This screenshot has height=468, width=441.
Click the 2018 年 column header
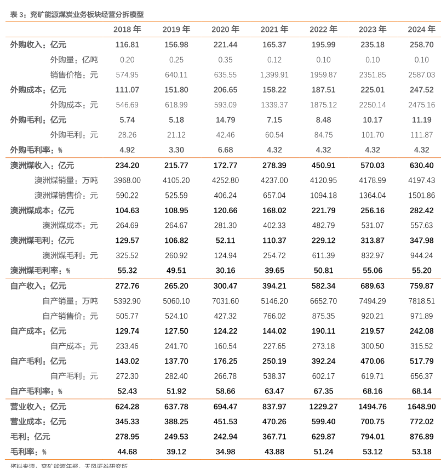point(127,29)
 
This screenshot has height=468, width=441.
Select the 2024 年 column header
point(421,29)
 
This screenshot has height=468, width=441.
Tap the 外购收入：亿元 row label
point(38,44)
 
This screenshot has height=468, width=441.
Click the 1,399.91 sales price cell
point(274,75)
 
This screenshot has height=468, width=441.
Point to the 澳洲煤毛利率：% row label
point(40,270)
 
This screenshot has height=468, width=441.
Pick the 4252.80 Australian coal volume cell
point(225,180)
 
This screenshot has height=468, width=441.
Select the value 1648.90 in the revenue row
point(421,407)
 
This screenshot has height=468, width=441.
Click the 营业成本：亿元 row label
point(38,421)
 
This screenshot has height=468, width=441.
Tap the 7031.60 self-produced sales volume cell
point(225,301)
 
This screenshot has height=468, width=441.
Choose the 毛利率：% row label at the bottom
point(28,452)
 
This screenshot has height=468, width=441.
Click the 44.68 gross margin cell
point(127,452)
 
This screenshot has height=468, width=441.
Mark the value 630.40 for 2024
point(421,165)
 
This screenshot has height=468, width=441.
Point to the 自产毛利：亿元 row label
point(38,361)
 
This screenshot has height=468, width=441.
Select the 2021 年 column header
point(274,29)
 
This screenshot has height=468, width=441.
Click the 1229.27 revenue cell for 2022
point(323,407)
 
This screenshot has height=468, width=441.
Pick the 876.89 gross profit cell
point(421,437)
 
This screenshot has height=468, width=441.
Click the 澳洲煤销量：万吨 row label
point(66,180)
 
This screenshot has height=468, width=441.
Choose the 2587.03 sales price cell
point(421,75)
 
